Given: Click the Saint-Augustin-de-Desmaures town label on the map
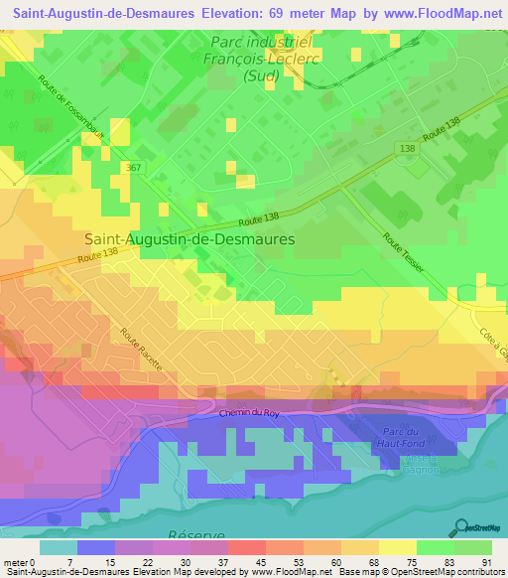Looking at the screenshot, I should (190, 238).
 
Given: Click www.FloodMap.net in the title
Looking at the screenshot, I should (439, 12).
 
